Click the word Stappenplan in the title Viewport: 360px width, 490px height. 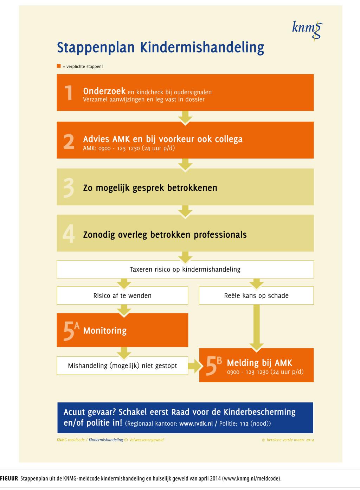[96, 47]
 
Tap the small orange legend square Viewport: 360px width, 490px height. [59, 66]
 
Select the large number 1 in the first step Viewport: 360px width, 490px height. [69, 93]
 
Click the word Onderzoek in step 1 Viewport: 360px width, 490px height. [104, 91]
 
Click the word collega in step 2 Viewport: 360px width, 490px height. [227, 139]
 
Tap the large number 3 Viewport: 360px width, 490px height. [69, 187]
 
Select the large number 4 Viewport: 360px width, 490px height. [69, 234]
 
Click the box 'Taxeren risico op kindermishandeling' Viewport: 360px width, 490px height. [185, 269]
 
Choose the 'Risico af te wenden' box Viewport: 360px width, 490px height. [122, 295]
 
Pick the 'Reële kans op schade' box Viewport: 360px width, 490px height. [256, 295]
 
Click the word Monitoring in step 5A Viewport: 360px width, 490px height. [105, 331]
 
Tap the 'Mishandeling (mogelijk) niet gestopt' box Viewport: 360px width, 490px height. [122, 366]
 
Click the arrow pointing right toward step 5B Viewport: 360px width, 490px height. [194, 366]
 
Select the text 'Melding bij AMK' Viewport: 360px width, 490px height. [259, 363]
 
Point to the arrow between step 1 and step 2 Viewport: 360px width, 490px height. [185, 117]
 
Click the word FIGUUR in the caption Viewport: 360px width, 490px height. [9, 478]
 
